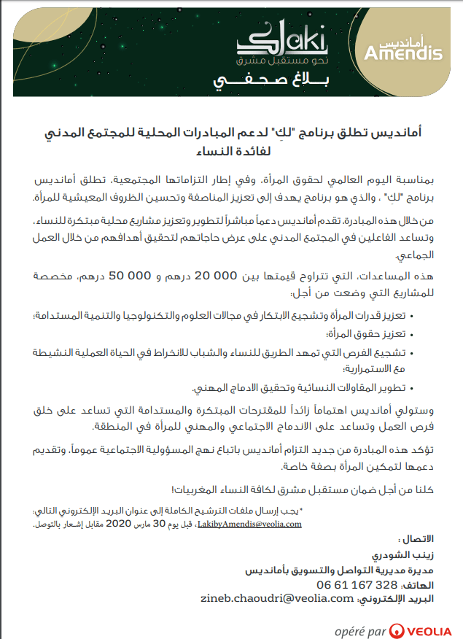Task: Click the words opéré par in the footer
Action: [360, 630]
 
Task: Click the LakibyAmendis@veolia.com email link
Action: [249, 524]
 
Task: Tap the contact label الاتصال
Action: [417, 539]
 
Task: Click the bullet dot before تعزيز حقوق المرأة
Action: [413, 334]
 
